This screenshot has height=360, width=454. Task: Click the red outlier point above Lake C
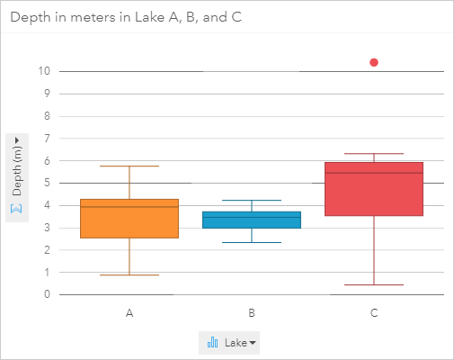[x=374, y=62]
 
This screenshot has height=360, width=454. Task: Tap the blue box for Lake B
[x=251, y=220]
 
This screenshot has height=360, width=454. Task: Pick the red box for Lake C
[x=373, y=190]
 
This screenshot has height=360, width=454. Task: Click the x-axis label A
[x=129, y=313]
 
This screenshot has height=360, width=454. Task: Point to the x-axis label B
[x=251, y=313]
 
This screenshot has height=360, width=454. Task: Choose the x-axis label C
[x=373, y=313]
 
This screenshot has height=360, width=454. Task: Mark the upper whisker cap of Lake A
[x=129, y=166]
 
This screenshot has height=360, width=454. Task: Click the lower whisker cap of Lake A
[x=129, y=274]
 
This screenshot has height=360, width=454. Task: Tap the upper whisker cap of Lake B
[x=251, y=200]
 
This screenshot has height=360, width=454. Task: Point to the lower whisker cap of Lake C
[x=373, y=284]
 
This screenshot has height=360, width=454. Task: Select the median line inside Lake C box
[x=373, y=172]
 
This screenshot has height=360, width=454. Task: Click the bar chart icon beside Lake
[x=213, y=342]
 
